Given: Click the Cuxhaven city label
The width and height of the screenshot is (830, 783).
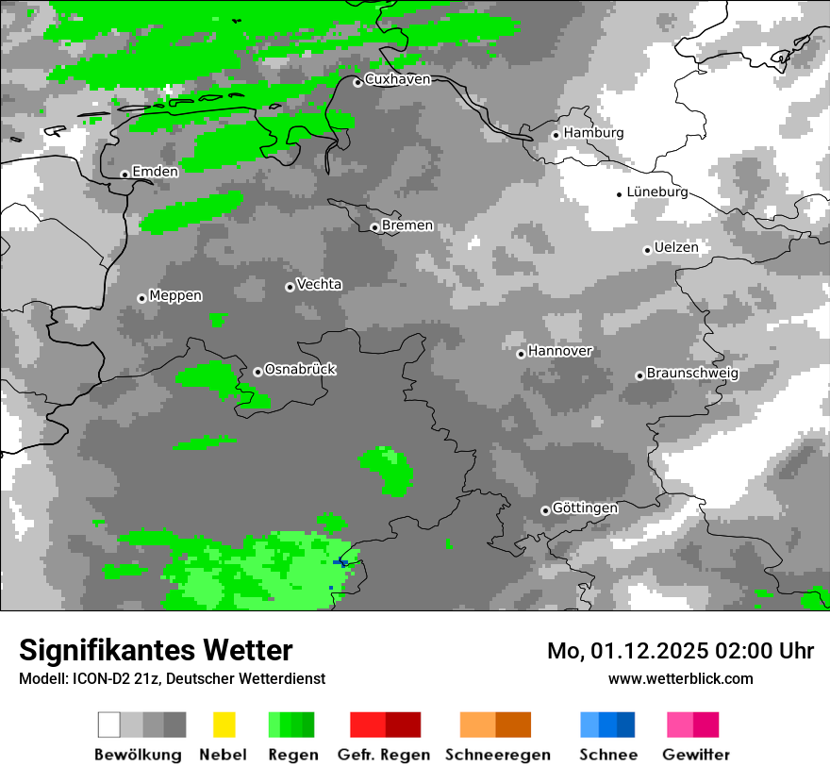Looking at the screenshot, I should pos(397,80).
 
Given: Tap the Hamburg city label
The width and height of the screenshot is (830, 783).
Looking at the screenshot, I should pos(593,133).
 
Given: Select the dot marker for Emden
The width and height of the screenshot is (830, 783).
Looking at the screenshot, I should pos(124,175).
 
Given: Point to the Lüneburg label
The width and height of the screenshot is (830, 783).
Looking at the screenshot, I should pos(657,192).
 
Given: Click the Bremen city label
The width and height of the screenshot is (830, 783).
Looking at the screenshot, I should pos(407,225).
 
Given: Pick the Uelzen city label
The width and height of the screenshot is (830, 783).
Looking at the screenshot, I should pos(676,248).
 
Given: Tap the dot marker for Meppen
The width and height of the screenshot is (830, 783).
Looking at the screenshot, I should pos(141,298).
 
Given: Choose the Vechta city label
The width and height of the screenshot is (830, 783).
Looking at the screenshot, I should pos(319,285).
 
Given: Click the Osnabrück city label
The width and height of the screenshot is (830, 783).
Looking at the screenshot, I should pos(300,370).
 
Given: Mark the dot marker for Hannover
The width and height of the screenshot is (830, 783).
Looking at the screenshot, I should pos(521,354).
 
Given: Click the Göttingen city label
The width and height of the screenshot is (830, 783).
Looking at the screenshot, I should pos(585,508).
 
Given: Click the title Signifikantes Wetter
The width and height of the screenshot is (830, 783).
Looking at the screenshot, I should pos(156,650).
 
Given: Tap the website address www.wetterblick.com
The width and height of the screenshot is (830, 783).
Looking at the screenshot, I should pos(680,678).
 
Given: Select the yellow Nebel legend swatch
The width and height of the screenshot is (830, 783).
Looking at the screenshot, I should pos(224,725).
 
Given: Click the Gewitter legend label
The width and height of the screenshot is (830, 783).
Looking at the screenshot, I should pos(695,755).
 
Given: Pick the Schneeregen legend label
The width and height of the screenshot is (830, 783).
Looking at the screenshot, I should pos(497,755).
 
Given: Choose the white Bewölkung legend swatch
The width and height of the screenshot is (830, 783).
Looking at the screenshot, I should pos(109,725).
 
